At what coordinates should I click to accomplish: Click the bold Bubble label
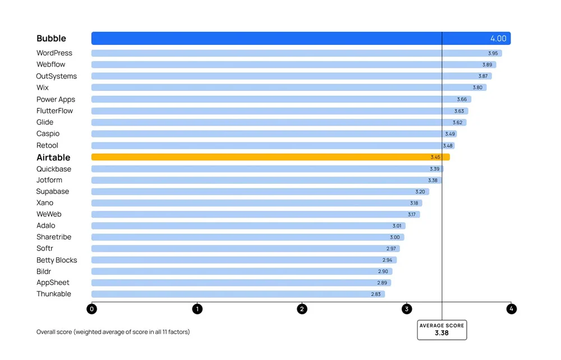point(51,39)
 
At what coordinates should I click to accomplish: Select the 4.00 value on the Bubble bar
point(498,39)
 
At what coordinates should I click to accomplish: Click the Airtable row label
point(53,158)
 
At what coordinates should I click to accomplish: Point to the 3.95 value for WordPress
point(493,53)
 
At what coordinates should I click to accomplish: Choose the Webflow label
point(50,64)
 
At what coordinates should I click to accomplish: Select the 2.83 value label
point(375,294)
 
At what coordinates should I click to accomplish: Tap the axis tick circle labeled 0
point(92,309)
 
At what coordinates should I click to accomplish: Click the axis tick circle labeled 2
point(302,309)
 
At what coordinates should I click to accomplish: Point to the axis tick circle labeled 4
point(511,309)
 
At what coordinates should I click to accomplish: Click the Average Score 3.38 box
point(442,330)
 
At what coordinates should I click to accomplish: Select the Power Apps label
point(56,99)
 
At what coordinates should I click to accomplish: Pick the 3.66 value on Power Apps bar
point(462,99)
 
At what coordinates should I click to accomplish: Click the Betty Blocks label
point(57,260)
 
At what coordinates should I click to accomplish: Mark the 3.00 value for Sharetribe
point(395,237)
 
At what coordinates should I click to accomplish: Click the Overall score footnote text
point(113,332)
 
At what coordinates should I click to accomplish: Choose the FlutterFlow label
point(54,110)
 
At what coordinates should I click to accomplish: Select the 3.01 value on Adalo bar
point(397,225)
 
